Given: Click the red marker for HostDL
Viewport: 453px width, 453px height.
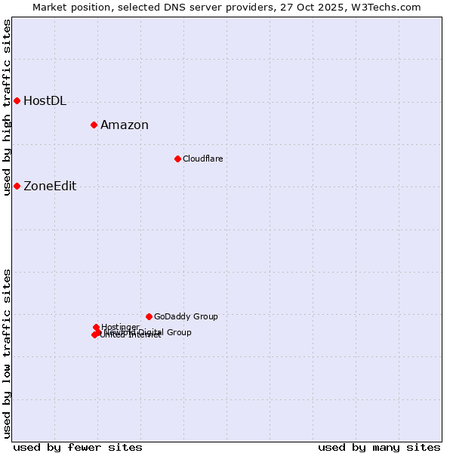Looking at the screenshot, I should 17,100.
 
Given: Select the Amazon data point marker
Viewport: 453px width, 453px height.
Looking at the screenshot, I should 94,125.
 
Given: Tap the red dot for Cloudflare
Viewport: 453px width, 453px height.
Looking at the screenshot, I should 177,159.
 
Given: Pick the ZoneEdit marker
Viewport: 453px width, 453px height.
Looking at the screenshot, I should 17,186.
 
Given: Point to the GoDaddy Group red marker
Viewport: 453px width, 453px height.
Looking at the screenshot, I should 149,316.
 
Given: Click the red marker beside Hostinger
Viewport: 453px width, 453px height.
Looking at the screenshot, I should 96,327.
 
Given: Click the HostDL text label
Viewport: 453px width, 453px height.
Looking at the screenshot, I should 45,101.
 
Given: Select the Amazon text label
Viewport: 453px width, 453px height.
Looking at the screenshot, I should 125,125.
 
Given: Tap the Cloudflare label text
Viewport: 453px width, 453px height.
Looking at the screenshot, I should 202,159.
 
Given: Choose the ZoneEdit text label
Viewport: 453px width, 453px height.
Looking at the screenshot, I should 50,186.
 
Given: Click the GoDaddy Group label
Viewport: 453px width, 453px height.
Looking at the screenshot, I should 186,316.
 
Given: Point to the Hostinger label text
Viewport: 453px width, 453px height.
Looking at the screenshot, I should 120,327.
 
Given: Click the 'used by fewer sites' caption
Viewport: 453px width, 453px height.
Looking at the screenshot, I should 78,447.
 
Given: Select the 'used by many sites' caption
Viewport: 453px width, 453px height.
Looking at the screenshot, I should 379,447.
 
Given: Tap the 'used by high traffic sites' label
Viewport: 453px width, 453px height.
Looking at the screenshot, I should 8,107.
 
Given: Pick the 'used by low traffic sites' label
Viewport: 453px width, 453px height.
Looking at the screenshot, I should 8,353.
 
